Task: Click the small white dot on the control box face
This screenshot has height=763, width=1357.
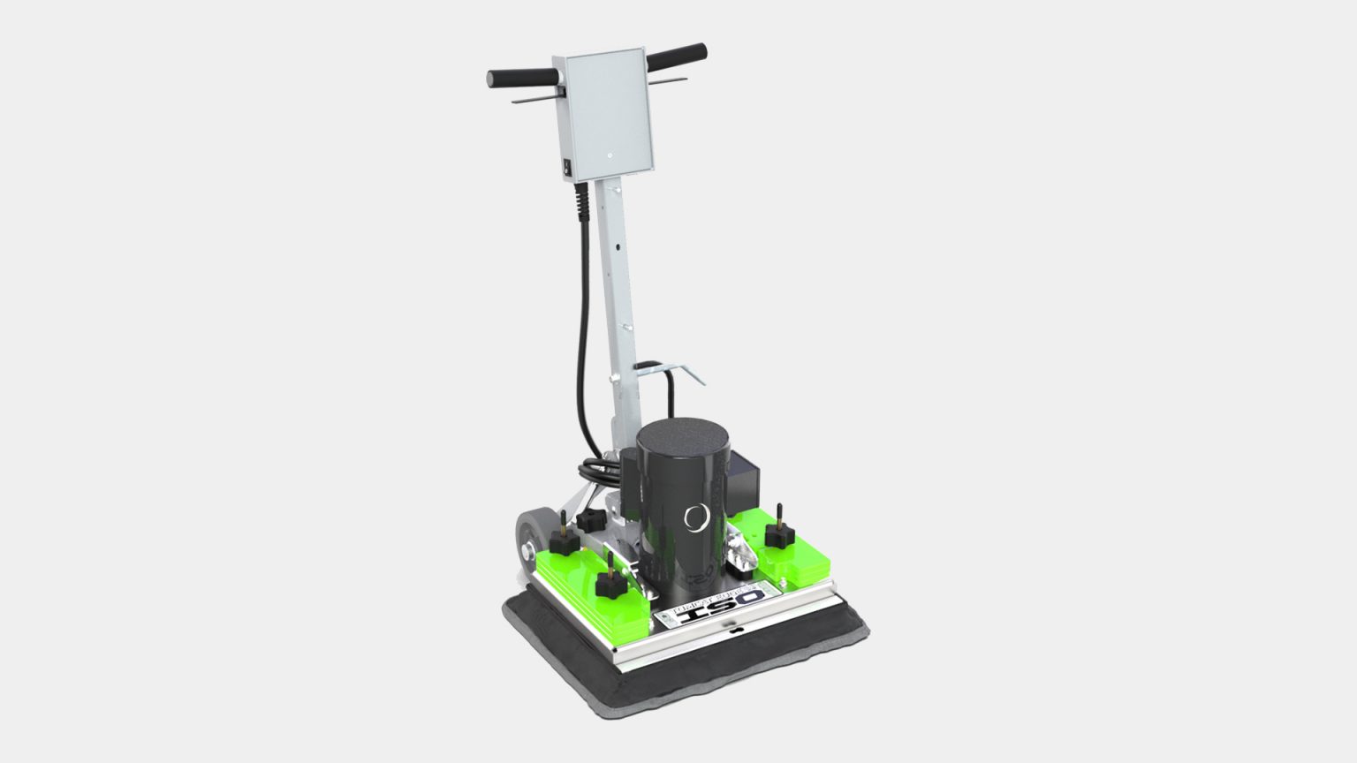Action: click(x=609, y=152)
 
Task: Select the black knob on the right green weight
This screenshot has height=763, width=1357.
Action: click(x=779, y=530)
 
